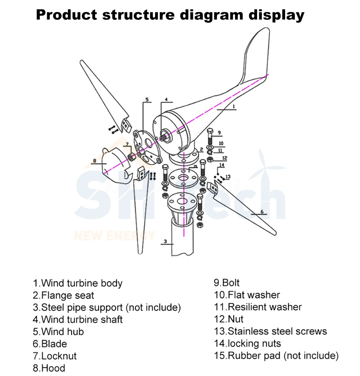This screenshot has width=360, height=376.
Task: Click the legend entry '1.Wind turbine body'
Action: (x=78, y=283)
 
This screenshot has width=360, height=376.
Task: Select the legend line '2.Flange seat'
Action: (x=63, y=296)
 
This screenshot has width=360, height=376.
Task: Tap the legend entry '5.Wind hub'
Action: (x=58, y=332)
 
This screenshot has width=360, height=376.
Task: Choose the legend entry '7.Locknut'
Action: (x=55, y=356)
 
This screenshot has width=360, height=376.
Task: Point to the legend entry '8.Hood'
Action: (x=49, y=368)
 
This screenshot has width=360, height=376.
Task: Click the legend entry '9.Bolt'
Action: (x=227, y=283)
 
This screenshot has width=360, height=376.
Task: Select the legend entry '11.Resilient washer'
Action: (x=258, y=307)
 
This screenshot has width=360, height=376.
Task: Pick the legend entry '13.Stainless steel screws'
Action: (x=270, y=331)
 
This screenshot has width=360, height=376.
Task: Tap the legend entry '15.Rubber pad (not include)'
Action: (x=276, y=356)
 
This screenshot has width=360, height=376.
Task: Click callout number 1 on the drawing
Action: (x=233, y=106)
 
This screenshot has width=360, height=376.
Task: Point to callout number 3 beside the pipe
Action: (x=165, y=242)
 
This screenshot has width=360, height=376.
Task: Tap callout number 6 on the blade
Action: (x=262, y=211)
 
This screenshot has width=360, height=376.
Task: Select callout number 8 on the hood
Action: (x=94, y=161)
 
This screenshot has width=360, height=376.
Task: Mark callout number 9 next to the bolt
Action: (x=219, y=133)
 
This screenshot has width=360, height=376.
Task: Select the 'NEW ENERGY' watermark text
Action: (x=114, y=236)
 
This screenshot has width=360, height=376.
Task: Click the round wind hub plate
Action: (x=148, y=148)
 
